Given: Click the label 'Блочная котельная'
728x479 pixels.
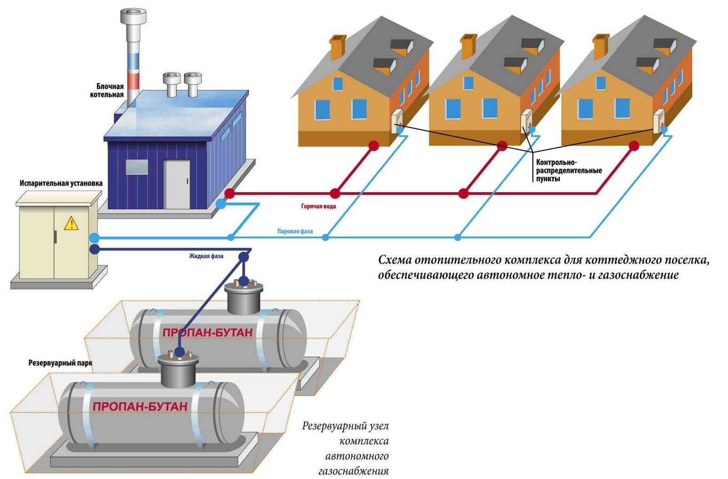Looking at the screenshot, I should [110, 91].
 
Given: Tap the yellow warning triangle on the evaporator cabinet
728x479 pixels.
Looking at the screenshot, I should [71, 223].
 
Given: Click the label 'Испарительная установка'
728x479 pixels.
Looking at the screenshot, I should [61, 183].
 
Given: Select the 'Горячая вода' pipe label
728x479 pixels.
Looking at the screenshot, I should [318, 207].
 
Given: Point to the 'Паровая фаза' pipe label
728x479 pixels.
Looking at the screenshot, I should [295, 232].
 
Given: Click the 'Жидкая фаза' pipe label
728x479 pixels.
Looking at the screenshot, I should [206, 257].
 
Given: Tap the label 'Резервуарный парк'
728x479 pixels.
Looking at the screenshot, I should [60, 363].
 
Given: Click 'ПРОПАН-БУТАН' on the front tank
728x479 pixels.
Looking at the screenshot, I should [140, 406].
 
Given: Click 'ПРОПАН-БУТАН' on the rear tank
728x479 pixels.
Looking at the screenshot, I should [207, 333].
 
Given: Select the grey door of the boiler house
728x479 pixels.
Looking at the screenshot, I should [177, 184].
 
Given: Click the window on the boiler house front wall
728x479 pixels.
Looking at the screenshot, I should [136, 167].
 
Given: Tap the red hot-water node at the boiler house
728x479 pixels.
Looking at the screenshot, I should [230, 194].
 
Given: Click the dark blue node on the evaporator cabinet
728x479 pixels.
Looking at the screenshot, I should [95, 249].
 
